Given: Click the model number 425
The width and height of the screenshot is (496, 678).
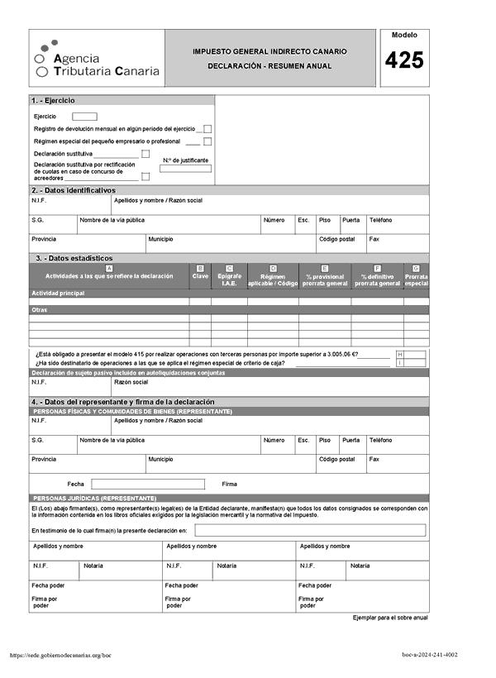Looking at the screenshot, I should (x=404, y=60).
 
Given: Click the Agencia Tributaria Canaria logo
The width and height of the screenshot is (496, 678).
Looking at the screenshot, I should (x=97, y=60).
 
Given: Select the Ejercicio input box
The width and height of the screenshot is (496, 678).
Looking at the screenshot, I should (x=84, y=117).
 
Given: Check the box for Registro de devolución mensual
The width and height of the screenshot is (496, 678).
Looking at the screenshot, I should (x=207, y=129).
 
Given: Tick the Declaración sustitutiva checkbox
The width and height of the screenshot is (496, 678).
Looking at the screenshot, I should (x=145, y=154).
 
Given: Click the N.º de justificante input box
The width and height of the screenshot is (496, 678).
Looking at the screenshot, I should (x=185, y=169).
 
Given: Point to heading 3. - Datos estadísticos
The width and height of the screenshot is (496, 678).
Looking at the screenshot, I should (x=74, y=258).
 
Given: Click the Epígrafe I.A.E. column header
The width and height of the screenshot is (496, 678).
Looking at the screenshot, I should (x=229, y=279).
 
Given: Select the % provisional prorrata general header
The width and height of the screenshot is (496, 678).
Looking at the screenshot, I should (x=325, y=279).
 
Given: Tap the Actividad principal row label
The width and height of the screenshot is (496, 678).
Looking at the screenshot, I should (x=58, y=294).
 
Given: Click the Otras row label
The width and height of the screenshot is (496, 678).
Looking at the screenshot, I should (x=39, y=310).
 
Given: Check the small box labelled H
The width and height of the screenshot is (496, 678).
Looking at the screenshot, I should (x=400, y=354).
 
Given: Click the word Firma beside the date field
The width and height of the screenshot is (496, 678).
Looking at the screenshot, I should (x=230, y=484).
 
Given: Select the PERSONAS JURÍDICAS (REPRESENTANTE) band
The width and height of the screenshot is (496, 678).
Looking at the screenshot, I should (x=93, y=499).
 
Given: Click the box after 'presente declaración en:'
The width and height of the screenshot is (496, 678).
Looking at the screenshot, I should (x=310, y=530).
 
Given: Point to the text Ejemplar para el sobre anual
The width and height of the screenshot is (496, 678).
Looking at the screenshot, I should (x=390, y=618).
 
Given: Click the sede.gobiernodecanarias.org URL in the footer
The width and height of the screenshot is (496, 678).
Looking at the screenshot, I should (x=60, y=655).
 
